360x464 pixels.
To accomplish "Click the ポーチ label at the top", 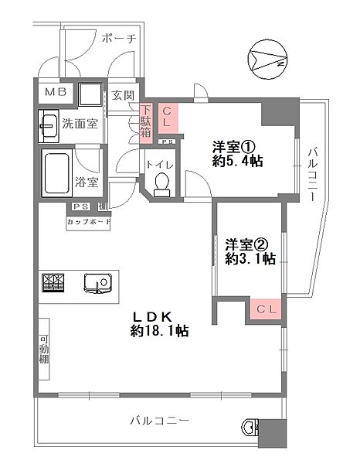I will click(117, 38).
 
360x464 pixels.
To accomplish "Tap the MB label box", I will click(55, 93).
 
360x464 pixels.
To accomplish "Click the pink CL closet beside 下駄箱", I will click(168, 119).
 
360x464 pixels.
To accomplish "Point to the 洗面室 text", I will click(80, 124).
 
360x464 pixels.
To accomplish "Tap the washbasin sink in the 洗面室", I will click(48, 123).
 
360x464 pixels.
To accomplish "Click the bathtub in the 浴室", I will click(57, 172).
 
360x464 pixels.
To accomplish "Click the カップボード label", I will click(89, 223).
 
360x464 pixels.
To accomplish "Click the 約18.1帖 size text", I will click(160, 331).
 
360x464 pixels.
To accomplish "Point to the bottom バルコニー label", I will click(159, 421).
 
